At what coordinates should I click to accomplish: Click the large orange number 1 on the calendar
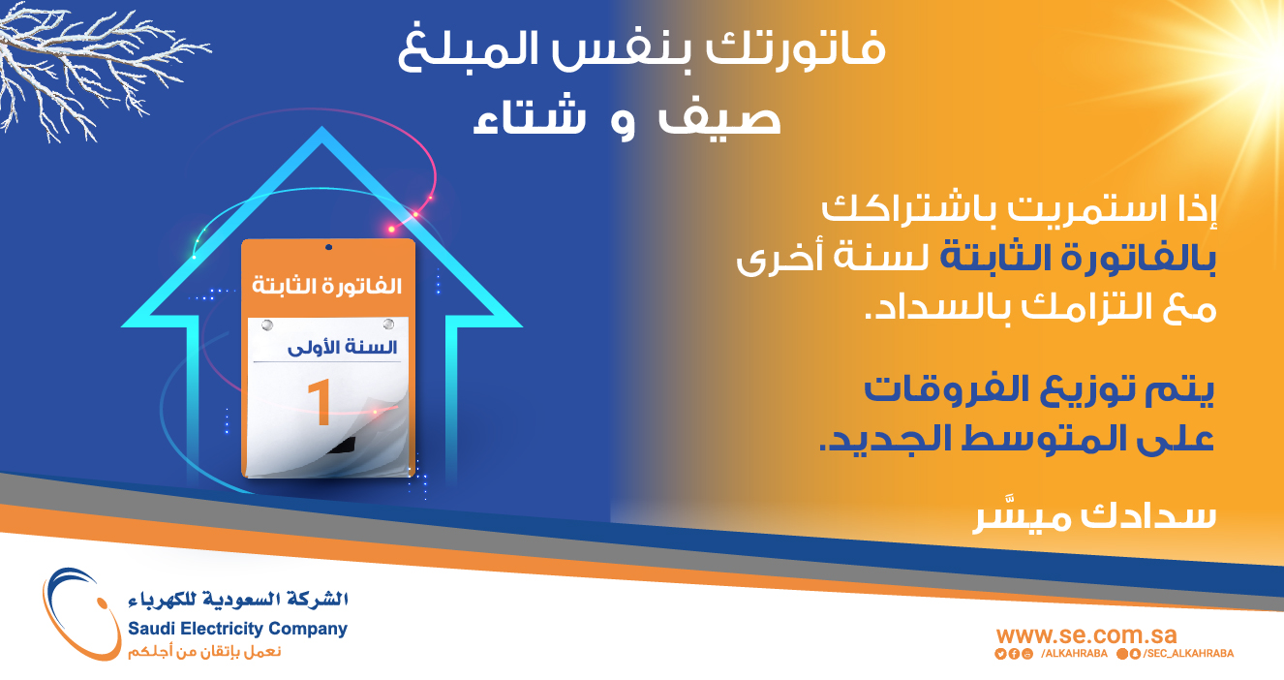click(320, 403)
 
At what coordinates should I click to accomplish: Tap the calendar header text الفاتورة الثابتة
click(327, 285)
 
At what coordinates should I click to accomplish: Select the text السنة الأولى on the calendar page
click(342, 348)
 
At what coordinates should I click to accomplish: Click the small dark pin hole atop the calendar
click(328, 247)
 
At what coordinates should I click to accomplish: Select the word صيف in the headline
click(719, 117)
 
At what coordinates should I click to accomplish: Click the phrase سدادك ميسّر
click(1094, 515)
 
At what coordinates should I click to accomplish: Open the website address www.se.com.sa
click(1086, 635)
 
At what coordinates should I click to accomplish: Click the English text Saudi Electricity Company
click(237, 629)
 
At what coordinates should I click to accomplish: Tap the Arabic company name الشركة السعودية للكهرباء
click(238, 600)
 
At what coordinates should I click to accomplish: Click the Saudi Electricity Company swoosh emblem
click(80, 613)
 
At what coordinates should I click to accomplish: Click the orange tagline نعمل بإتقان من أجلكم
click(204, 652)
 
